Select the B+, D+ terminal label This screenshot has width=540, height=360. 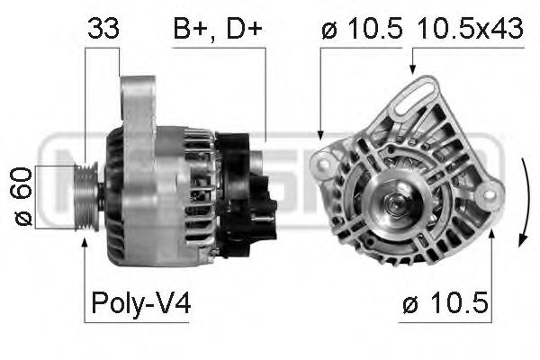click(x=217, y=29)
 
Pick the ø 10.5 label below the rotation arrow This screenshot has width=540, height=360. click(x=445, y=305)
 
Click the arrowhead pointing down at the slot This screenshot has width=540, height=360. click(x=412, y=67)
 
